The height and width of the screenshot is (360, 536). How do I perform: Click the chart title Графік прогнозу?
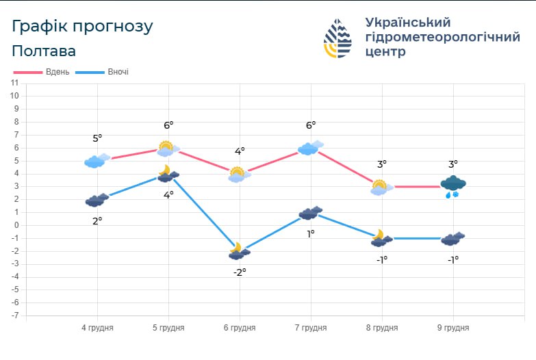click(x=82, y=26)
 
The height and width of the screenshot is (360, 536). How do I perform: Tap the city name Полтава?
click(x=44, y=51)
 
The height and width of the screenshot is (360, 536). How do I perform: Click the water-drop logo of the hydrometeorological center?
click(x=337, y=38)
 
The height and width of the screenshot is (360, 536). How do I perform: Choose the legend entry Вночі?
click(x=118, y=72)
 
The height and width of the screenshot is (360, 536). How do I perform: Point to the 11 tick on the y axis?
click(x=14, y=83)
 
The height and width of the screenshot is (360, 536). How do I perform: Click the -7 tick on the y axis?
click(x=14, y=316)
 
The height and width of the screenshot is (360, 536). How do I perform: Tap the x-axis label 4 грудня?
click(x=97, y=328)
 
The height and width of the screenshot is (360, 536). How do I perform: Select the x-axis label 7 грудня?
click(x=311, y=328)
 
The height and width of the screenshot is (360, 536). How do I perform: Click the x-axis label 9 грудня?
click(x=453, y=328)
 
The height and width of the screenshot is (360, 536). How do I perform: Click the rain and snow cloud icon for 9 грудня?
click(x=453, y=185)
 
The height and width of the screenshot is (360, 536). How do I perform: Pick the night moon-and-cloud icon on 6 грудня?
click(x=239, y=251)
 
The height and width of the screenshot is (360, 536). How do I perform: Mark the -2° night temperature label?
click(x=240, y=271)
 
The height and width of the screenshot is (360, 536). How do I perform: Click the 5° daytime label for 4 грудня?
click(x=97, y=139)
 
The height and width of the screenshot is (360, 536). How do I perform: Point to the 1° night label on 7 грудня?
click(x=311, y=233)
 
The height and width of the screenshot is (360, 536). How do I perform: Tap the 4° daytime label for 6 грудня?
click(x=240, y=151)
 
